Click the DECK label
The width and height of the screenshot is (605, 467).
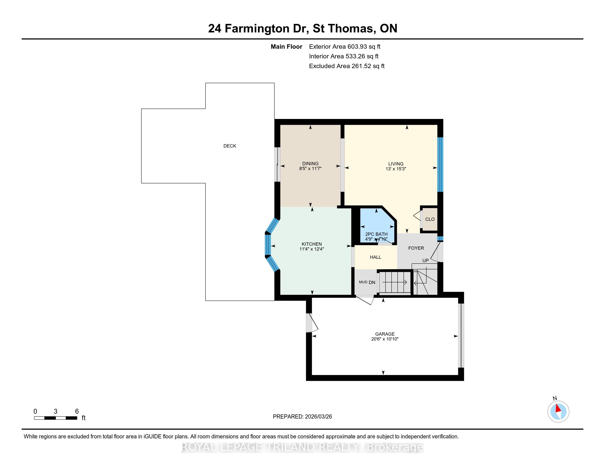[x=230, y=146]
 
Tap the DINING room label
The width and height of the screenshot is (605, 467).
[x=310, y=163]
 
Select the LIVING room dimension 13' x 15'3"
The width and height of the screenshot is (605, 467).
[x=395, y=169]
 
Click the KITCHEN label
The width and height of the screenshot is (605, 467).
[x=312, y=244]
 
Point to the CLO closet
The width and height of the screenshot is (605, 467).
[x=430, y=219]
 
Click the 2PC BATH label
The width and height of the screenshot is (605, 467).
[x=376, y=234]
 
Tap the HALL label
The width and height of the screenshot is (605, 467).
[x=375, y=257]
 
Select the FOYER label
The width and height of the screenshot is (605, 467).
[x=416, y=248]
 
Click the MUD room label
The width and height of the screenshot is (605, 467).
[x=363, y=282]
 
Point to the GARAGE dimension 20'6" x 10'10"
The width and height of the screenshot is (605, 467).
[x=385, y=339]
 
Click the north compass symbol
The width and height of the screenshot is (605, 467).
[x=558, y=412]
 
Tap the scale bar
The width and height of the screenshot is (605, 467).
[x=55, y=418]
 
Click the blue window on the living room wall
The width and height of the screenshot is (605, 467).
[x=440, y=165]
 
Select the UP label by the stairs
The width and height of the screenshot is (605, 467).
[x=425, y=260]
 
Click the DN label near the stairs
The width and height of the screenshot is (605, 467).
[x=372, y=282]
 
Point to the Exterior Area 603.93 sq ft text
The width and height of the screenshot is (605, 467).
[x=345, y=46]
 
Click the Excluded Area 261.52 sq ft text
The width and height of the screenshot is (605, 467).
[x=347, y=66]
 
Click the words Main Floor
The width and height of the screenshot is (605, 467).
[x=286, y=46]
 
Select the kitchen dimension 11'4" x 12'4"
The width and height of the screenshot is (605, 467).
[x=312, y=249]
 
